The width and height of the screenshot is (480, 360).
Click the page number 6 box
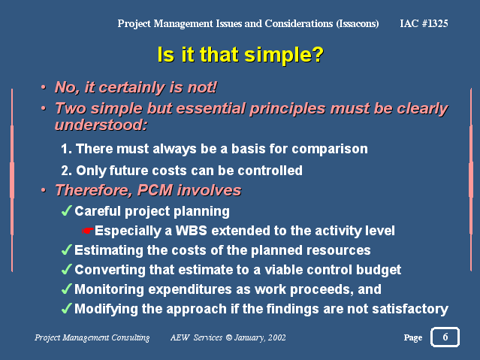445,337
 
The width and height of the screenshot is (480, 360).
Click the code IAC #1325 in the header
424,23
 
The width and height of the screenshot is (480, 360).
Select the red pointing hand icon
88,231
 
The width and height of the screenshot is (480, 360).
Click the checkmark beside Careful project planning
66,210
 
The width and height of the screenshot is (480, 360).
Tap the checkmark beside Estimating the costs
66,250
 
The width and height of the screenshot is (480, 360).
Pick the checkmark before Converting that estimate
66,269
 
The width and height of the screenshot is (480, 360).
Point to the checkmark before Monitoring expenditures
66,289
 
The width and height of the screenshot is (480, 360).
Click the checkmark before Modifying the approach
66,308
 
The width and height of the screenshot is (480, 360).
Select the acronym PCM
155,190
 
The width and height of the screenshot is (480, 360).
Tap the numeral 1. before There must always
66,149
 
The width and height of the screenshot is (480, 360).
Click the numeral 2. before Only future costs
66,171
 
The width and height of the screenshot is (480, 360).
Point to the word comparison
330,150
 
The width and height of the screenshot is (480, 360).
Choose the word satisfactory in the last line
410,309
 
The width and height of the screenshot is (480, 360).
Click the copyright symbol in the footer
229,337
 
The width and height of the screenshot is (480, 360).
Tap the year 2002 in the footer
276,337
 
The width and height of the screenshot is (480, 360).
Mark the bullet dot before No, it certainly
44,88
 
